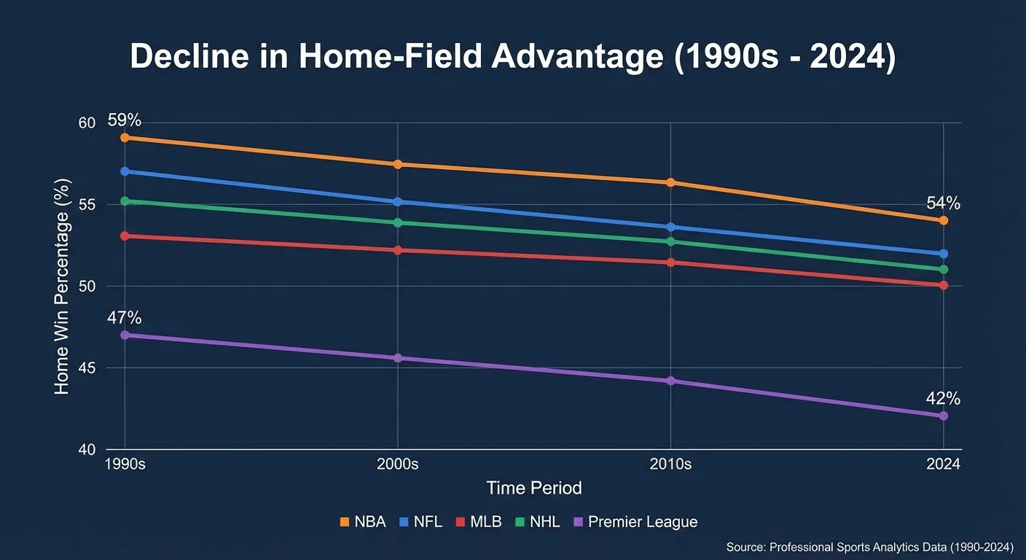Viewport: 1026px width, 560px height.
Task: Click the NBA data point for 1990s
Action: pos(125,137)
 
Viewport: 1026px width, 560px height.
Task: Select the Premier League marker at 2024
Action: pos(943,416)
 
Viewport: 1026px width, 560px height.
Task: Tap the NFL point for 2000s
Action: pos(398,201)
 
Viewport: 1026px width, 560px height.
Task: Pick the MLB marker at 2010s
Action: pos(670,262)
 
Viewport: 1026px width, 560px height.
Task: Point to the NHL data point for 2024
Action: pos(943,269)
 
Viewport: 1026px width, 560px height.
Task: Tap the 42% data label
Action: pos(943,399)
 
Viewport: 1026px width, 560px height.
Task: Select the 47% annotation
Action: pos(124,318)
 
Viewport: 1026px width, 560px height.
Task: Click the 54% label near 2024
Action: pos(943,203)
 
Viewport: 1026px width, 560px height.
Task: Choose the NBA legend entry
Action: pos(364,522)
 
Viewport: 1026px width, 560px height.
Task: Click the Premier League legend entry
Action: pos(635,522)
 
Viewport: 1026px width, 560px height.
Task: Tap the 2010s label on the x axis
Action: pos(670,465)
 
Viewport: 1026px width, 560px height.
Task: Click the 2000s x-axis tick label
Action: pos(398,465)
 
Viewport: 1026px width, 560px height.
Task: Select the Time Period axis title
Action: pos(534,488)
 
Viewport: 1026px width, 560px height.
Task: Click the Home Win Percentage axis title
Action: pos(63,286)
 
